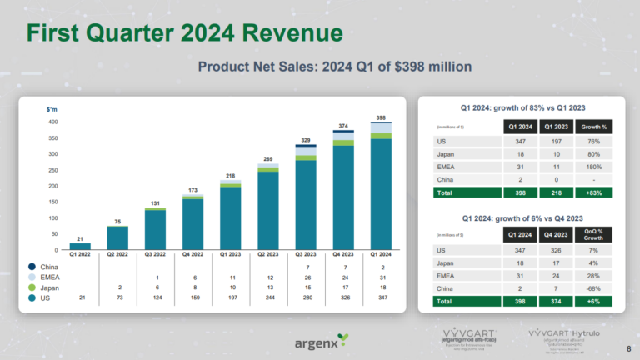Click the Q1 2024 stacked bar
pos(381,187)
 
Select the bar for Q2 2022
pos(117,237)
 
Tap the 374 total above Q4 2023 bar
pos(342,126)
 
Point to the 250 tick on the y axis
pos(53,170)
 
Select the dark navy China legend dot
pos(32,266)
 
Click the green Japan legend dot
pos(32,286)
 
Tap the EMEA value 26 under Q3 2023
pos(305,276)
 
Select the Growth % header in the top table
pos(593,127)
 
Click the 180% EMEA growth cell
pos(593,167)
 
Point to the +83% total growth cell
pos(593,192)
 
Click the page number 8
pos(627,347)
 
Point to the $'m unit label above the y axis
pos(51,109)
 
